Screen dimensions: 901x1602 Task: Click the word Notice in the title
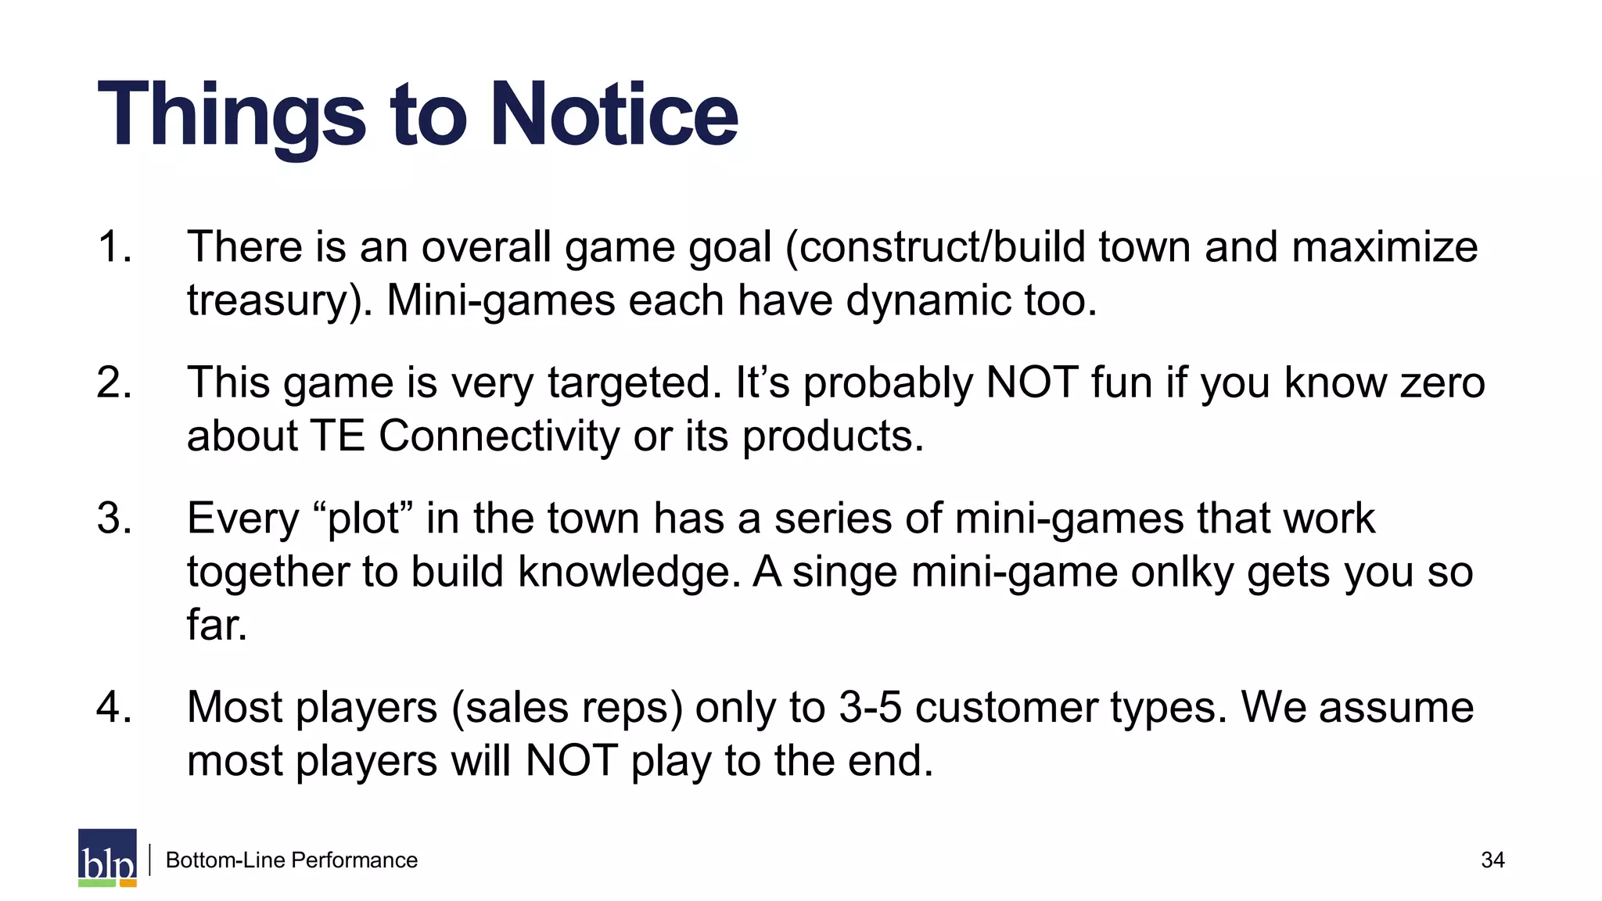click(x=614, y=115)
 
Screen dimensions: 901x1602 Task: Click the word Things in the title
click(x=232, y=115)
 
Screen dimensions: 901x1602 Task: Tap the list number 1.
click(x=114, y=247)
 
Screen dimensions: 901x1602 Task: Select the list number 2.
click(x=114, y=383)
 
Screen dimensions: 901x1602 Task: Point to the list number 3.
click(x=114, y=519)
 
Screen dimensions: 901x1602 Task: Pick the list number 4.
click(x=114, y=708)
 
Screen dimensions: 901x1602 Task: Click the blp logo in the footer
click(x=107, y=858)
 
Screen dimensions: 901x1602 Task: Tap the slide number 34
click(x=1492, y=860)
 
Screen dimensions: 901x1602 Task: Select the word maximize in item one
click(x=1385, y=247)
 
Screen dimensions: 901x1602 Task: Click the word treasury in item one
click(x=271, y=301)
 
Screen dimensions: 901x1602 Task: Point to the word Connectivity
click(x=499, y=436)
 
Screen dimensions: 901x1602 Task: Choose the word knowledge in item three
click(x=629, y=573)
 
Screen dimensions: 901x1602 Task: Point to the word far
click(x=217, y=625)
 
